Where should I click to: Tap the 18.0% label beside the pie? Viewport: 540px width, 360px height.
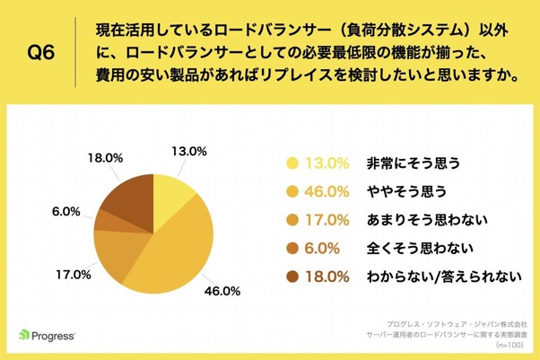click(x=107, y=157)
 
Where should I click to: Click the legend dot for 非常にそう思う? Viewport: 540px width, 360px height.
click(x=292, y=163)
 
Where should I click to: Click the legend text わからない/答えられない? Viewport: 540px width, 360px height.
click(x=439, y=277)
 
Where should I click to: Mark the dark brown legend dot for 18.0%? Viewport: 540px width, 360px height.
click(x=292, y=277)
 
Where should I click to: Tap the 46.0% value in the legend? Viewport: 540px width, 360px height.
click(x=328, y=191)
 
